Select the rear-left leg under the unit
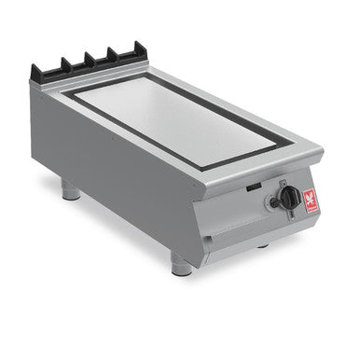[x=71, y=192]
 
